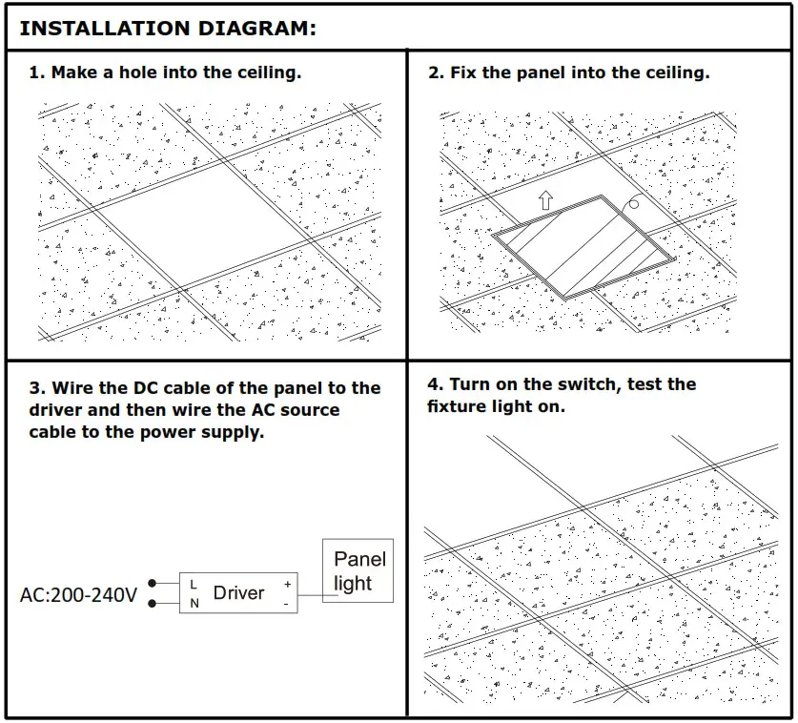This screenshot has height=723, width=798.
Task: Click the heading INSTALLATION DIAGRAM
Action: (x=167, y=28)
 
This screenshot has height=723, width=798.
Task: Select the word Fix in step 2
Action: (x=464, y=72)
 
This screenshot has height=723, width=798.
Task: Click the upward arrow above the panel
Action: (x=544, y=199)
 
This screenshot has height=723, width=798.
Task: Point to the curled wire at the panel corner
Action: (x=630, y=205)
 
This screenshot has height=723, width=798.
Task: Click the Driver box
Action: (x=238, y=592)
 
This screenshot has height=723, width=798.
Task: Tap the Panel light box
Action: (x=358, y=571)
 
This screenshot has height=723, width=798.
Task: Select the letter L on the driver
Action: (x=194, y=583)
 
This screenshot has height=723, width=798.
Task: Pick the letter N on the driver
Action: (x=194, y=603)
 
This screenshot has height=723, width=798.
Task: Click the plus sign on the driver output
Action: (x=286, y=583)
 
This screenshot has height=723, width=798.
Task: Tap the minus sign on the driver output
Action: (x=286, y=604)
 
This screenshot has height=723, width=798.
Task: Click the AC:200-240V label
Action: (x=78, y=595)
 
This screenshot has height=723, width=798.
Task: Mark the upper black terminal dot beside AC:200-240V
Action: (x=152, y=582)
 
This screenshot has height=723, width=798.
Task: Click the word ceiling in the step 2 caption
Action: (x=677, y=72)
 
